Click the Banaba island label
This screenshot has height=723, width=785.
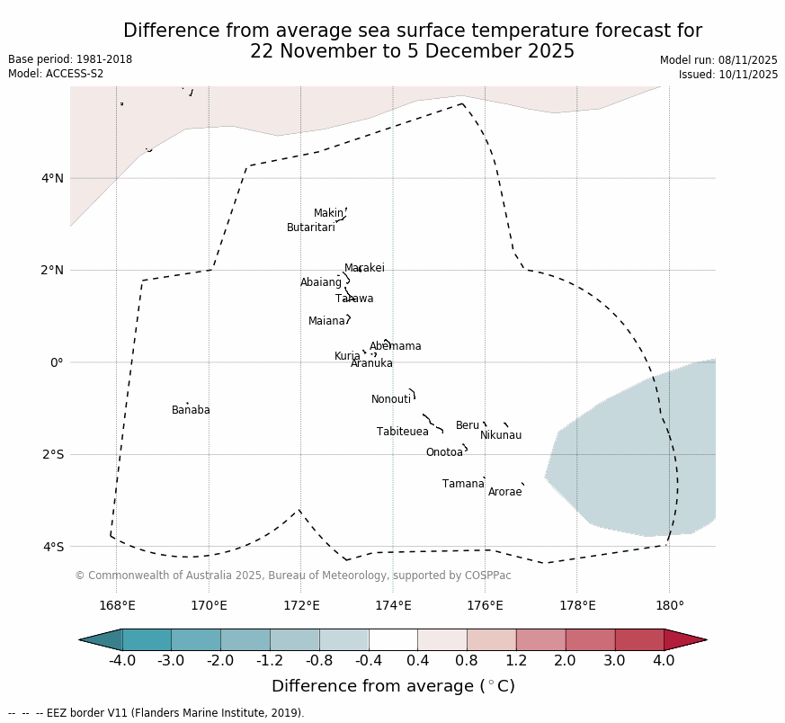[x=191, y=411]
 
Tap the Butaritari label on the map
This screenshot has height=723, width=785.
[x=310, y=228]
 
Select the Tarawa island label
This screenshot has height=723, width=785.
[x=354, y=299]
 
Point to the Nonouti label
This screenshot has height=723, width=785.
[x=391, y=400]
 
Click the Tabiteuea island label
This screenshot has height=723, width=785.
[x=403, y=433]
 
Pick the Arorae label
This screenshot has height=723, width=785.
[x=504, y=493]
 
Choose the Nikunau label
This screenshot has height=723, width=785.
[x=501, y=436]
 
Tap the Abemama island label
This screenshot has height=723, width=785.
[x=395, y=347]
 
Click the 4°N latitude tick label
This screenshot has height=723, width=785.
[x=53, y=178]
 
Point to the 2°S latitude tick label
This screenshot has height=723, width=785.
[x=53, y=455]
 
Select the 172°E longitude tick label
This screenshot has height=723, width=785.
[x=301, y=605]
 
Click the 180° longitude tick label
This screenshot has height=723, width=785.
[x=669, y=605]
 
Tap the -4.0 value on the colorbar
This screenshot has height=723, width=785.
[x=122, y=661]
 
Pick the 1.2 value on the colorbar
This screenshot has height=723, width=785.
[x=516, y=661]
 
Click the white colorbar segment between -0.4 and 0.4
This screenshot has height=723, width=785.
[x=393, y=639]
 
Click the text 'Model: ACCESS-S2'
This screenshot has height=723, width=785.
[x=56, y=74]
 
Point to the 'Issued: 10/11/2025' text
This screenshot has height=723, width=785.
[x=728, y=75]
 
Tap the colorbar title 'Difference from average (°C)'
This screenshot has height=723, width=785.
[x=393, y=687]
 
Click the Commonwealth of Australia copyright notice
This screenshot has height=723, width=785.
[x=292, y=576]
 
